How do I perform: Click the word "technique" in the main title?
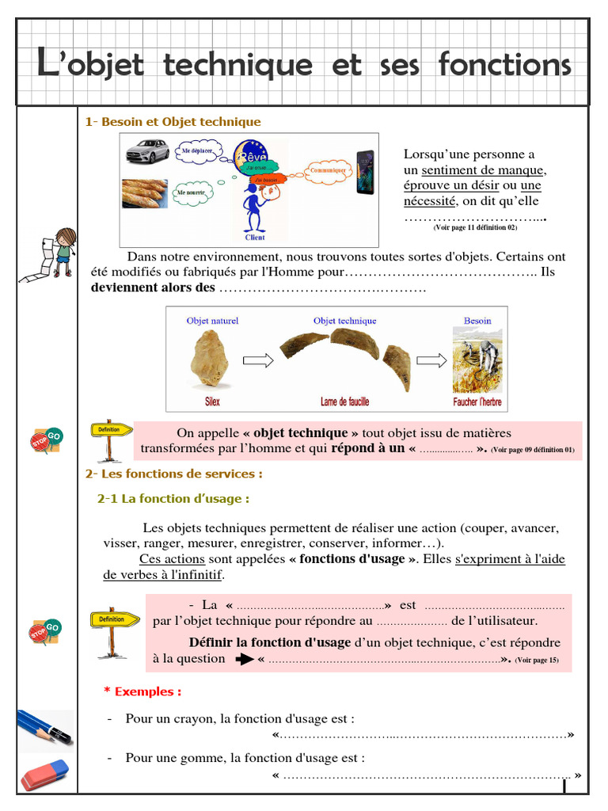(x=237, y=65)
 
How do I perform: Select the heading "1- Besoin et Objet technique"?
(x=173, y=122)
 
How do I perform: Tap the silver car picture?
(x=146, y=150)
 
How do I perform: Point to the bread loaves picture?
(x=145, y=193)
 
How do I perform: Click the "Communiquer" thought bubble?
(x=327, y=170)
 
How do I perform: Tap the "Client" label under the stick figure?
(x=255, y=238)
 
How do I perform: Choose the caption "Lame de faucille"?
(x=344, y=402)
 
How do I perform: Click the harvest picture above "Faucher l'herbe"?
(x=477, y=360)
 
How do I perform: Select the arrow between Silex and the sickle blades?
(x=258, y=361)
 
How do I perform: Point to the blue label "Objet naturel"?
(x=212, y=321)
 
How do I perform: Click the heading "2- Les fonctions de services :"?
(x=173, y=474)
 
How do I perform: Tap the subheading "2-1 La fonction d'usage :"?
(x=173, y=499)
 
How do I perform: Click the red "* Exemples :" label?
(x=142, y=691)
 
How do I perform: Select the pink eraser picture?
(x=44, y=775)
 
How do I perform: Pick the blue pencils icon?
(x=44, y=728)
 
